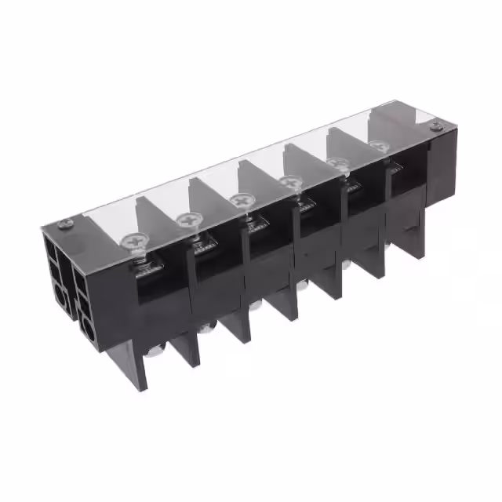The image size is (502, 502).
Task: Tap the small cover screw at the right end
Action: (x=438, y=126)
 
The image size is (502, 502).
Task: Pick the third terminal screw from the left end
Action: (x=240, y=200)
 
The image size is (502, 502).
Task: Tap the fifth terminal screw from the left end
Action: (x=338, y=163)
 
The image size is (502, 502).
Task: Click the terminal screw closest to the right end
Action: (x=380, y=146)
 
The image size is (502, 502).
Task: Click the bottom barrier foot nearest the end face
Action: (x=133, y=369)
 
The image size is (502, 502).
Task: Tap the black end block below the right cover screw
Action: (x=441, y=169)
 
